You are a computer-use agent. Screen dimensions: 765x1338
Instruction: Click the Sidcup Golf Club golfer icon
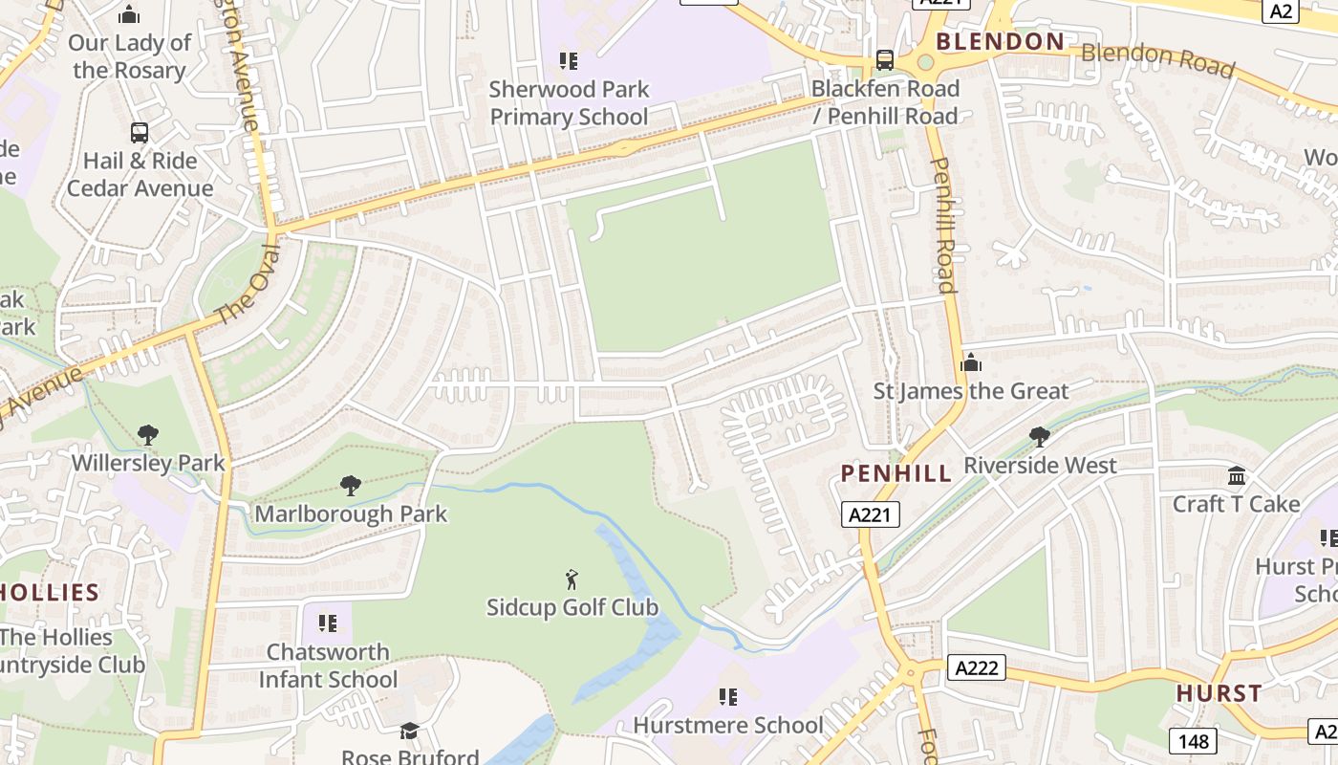pyautogui.click(x=572, y=579)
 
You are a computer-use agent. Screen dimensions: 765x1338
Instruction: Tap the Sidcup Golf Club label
pyautogui.click(x=572, y=607)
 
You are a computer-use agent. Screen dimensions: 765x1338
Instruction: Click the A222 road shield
pyautogui.click(x=977, y=667)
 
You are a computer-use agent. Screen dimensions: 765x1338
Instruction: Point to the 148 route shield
pyautogui.click(x=1193, y=740)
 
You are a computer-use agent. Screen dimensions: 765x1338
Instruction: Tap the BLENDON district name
pyautogui.click(x=1001, y=41)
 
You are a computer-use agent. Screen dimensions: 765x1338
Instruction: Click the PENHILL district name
pyautogui.click(x=896, y=473)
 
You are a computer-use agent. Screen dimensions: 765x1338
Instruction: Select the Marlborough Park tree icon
pyautogui.click(x=351, y=486)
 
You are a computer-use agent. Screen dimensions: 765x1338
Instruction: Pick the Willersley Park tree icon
pyautogui.click(x=148, y=435)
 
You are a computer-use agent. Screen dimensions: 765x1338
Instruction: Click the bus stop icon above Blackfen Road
pyautogui.click(x=885, y=60)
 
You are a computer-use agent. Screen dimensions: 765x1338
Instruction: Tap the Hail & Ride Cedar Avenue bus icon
pyautogui.click(x=140, y=133)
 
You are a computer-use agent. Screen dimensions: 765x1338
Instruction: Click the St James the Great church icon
pyautogui.click(x=971, y=362)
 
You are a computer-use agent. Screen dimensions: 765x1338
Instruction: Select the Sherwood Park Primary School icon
pyautogui.click(x=569, y=61)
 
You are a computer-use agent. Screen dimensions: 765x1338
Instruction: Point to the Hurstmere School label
pyautogui.click(x=727, y=726)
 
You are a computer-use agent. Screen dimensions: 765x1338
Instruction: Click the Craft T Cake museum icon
pyautogui.click(x=1237, y=475)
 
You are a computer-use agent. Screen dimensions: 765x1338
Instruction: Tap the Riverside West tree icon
pyautogui.click(x=1040, y=437)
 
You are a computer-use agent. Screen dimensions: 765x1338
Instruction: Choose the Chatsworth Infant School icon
pyautogui.click(x=328, y=623)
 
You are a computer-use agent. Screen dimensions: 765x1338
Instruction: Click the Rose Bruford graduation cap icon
pyautogui.click(x=410, y=732)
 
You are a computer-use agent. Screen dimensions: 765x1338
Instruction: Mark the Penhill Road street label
pyautogui.click(x=942, y=226)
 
